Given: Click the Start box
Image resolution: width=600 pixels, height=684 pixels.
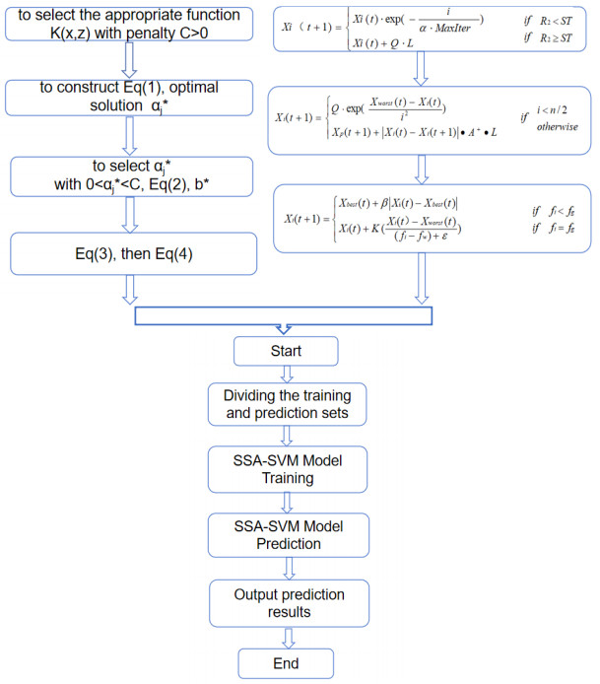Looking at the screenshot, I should coord(285,351).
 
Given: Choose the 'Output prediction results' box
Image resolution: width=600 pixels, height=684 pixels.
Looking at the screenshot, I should coord(286,600).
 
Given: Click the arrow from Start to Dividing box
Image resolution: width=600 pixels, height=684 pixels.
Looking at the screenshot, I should coord(286,376).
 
